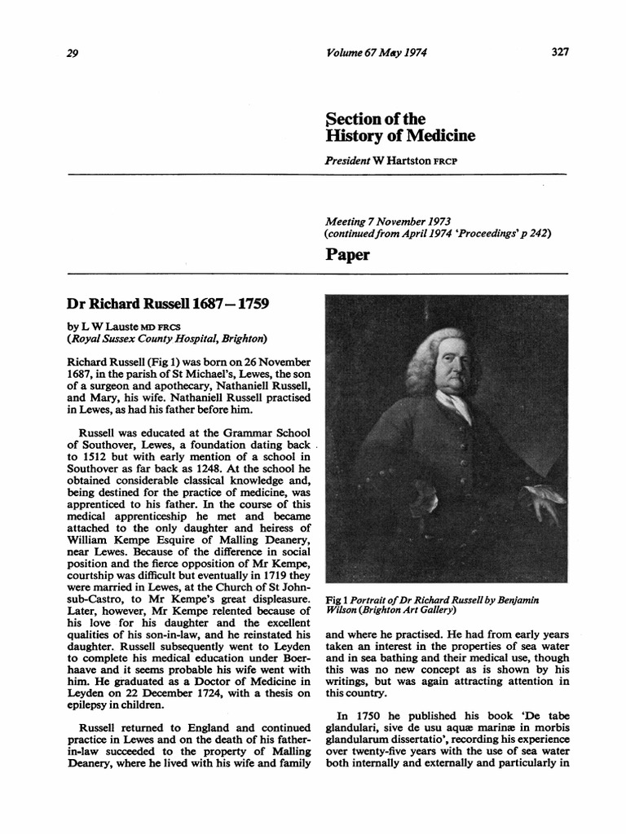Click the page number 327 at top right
coord(558,52)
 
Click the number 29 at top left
coord(69,53)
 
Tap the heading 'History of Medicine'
coord(389,135)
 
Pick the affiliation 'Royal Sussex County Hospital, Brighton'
coord(169,339)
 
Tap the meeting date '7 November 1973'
coord(412,221)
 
